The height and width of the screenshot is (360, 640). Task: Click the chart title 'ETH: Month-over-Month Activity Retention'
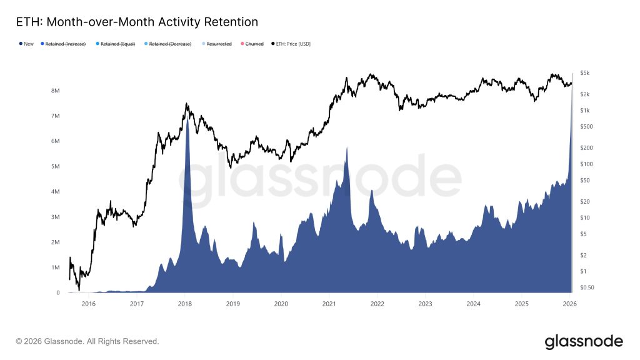[x=136, y=22]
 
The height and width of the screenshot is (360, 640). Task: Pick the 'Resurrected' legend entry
[x=218, y=44]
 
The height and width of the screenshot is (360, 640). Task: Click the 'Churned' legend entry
[x=254, y=44]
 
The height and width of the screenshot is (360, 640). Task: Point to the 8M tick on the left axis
[x=55, y=91]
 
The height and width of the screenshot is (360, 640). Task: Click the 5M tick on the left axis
[x=55, y=166]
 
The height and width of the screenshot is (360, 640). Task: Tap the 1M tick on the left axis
[x=55, y=267]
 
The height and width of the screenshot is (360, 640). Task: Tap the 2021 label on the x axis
[x=329, y=304]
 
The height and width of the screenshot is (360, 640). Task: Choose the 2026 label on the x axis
[x=569, y=304]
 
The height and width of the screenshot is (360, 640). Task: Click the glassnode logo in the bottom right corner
[x=584, y=341]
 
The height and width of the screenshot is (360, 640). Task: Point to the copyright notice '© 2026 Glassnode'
[x=87, y=342]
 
